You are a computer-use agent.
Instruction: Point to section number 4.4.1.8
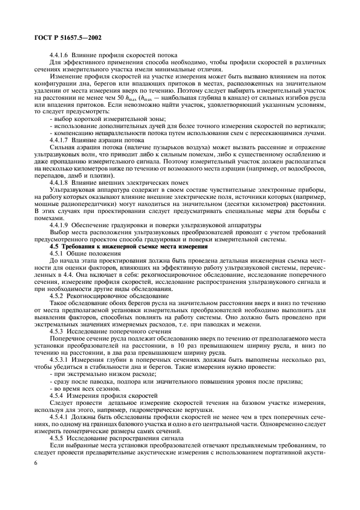tap(59, 183)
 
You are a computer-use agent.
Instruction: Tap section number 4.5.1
tap(57, 253)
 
